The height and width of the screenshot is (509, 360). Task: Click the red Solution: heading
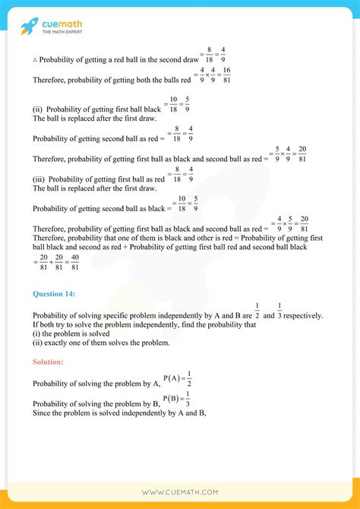click(x=48, y=362)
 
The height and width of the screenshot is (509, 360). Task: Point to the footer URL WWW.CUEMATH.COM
click(x=180, y=492)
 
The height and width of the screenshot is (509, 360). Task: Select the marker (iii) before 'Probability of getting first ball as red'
click(x=39, y=179)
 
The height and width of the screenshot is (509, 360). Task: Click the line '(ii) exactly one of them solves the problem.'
click(x=100, y=343)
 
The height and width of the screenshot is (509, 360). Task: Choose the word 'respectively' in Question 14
click(x=301, y=315)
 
